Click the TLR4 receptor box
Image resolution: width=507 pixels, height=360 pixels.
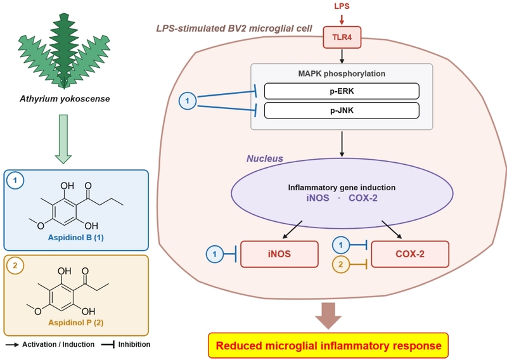342,37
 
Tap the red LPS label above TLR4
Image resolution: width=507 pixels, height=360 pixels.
342,6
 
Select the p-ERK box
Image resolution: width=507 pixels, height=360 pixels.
342,91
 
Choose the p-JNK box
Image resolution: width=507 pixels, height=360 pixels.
342,111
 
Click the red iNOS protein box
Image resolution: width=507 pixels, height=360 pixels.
279,254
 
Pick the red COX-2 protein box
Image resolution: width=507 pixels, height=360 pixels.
410,254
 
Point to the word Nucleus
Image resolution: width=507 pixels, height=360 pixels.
265,158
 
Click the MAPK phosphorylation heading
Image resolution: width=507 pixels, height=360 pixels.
342,74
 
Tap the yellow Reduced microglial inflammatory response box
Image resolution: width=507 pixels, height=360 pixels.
328,345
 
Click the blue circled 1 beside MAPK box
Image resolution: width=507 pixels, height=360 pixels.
188,101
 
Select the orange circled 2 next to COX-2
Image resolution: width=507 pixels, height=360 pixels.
341,264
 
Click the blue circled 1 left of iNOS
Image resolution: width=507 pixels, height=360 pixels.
215,254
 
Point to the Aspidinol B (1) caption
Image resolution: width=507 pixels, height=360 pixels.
76,238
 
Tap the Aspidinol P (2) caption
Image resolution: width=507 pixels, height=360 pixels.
76,323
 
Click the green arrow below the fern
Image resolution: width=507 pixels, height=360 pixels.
63,139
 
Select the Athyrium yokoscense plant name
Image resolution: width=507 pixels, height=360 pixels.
65,99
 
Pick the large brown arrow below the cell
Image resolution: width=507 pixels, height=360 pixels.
328,316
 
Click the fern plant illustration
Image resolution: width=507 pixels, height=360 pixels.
64,51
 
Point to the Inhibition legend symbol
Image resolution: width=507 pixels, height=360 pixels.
108,345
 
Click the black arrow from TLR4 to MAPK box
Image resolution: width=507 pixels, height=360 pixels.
342,56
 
